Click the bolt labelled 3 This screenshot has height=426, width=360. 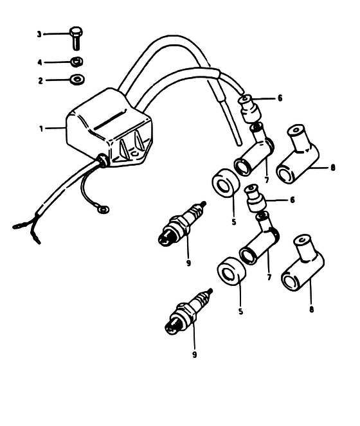click(76, 38)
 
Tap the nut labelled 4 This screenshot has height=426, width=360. click(77, 62)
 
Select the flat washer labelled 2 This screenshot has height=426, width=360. click(77, 79)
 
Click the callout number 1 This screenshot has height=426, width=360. click(41, 129)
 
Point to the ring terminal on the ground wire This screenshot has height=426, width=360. click(104, 209)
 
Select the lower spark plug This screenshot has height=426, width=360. click(189, 312)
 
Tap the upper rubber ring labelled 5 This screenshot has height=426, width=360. click(226, 183)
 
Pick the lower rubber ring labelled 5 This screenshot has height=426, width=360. click(231, 271)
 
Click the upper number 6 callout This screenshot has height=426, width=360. click(280, 98)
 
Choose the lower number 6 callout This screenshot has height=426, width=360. click(292, 200)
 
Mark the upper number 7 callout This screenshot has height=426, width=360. click(267, 179)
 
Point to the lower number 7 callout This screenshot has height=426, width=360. click(269, 277)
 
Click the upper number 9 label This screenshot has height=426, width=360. click(189, 263)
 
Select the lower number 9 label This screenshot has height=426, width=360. click(194, 355)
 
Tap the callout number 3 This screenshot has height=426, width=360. click(39, 34)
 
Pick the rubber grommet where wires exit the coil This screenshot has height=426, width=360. click(102, 160)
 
